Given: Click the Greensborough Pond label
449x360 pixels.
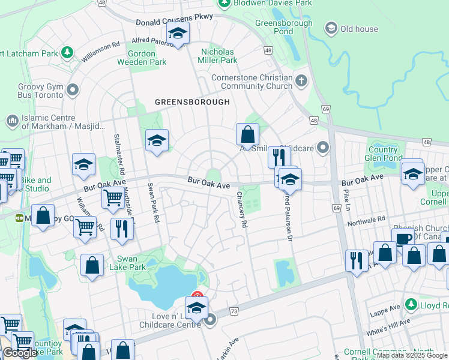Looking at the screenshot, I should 284,27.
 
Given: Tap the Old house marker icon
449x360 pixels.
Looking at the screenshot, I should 330,28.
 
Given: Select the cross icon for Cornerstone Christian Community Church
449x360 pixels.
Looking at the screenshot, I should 301,80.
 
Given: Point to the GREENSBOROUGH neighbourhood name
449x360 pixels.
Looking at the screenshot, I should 192,102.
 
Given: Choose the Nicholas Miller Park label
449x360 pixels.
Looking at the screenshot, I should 219,56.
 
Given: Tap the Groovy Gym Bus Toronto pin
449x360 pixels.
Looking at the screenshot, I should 73,91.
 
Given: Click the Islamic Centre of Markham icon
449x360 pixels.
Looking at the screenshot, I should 12,122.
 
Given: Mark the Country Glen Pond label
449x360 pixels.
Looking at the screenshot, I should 384,154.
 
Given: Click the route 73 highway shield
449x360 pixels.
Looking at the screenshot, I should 234,311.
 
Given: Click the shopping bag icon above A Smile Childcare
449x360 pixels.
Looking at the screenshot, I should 247,133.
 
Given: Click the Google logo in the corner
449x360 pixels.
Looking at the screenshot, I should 20,353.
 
